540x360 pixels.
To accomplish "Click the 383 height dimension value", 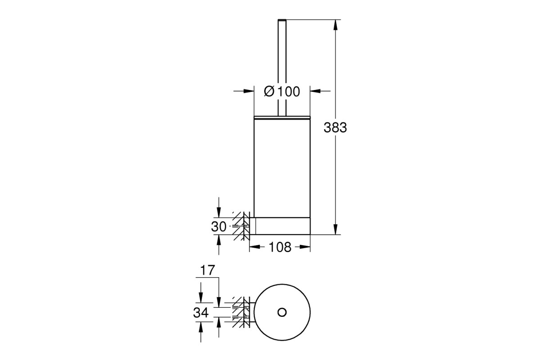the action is (335, 127).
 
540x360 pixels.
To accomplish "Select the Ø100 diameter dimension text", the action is (282, 91).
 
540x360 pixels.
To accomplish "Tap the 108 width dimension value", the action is (280, 247).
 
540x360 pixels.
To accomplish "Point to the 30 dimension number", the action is (219, 227).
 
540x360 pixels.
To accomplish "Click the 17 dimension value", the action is (207, 270).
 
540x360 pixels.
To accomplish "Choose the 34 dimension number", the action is (201, 313).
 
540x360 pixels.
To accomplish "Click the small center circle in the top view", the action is (282, 312).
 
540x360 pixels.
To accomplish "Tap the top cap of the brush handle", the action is (282, 19).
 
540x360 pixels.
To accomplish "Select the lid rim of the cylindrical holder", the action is (282, 117).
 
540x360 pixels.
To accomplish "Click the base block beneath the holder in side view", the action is (282, 226).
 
